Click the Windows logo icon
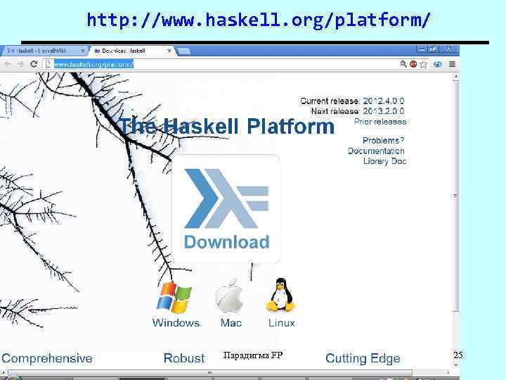174,298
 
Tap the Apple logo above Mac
230,296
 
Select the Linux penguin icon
280,296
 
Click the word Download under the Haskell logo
226,242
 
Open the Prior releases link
379,122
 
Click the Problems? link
383,141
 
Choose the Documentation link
376,151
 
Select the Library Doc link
384,161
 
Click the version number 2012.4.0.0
384,101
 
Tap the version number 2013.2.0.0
384,111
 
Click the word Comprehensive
47,358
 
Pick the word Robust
184,358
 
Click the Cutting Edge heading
363,359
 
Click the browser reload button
34,63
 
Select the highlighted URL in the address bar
93,64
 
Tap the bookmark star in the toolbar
403,63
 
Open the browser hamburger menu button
453,63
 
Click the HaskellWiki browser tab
42,51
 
